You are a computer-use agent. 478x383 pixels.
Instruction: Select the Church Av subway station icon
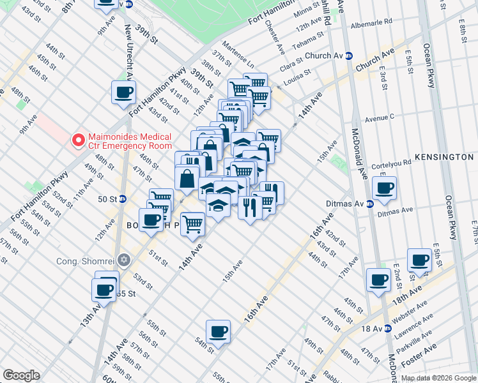(349, 56)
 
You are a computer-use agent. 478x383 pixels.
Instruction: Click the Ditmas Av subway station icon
(369, 204)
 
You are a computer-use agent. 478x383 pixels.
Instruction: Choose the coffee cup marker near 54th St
(218, 331)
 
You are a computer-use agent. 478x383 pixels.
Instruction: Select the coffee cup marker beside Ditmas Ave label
(385, 188)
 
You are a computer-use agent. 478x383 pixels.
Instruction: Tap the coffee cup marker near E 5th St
(420, 260)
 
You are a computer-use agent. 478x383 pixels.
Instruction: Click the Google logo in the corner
(21, 375)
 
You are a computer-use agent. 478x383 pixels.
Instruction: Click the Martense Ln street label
(241, 61)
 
